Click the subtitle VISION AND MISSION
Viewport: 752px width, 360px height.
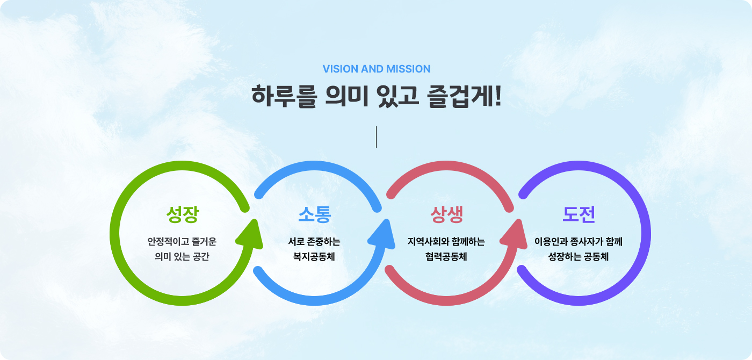pyautogui.click(x=377, y=69)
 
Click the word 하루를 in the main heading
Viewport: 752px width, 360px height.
pyautogui.click(x=284, y=96)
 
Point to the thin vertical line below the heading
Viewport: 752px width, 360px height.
pyautogui.click(x=376, y=136)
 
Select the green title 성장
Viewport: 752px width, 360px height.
pyautogui.click(x=183, y=214)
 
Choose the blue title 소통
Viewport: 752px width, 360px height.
pyautogui.click(x=315, y=214)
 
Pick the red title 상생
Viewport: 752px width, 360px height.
pyautogui.click(x=446, y=214)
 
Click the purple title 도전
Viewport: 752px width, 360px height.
pyautogui.click(x=579, y=214)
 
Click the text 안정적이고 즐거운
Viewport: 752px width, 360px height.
pyautogui.click(x=182, y=241)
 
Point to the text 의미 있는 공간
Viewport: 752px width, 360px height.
pyautogui.click(x=182, y=257)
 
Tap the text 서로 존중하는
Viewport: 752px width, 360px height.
pyautogui.click(x=314, y=241)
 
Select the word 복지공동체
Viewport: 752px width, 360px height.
pyautogui.click(x=314, y=257)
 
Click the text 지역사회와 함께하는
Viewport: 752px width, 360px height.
pyautogui.click(x=446, y=241)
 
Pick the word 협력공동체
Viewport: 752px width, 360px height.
pyautogui.click(x=446, y=257)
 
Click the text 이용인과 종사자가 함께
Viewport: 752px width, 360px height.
pyautogui.click(x=579, y=241)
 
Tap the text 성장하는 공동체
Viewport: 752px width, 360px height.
pyautogui.click(x=579, y=257)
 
